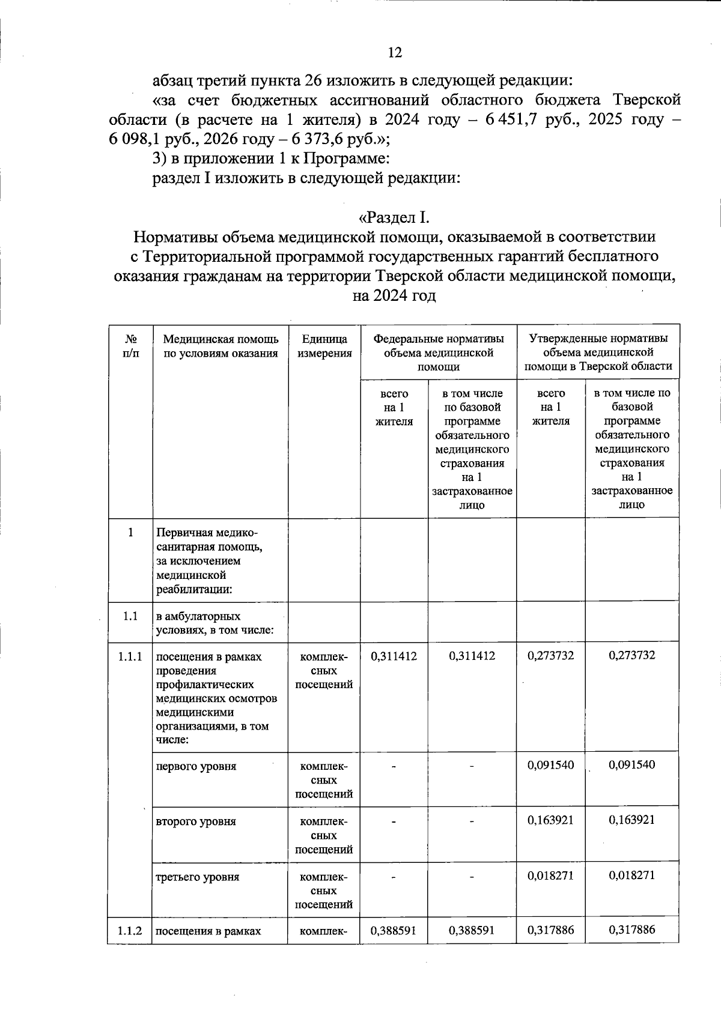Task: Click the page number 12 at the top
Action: coord(394,53)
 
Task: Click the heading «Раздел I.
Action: coord(394,217)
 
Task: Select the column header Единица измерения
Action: coord(324,346)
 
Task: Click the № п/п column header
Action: coord(130,346)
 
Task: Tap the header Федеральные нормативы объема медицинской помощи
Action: coord(439,352)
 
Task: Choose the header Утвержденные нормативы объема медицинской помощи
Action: coord(598,352)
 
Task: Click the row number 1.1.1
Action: coord(130,656)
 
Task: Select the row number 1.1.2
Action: coord(130,931)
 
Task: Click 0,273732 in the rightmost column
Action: coord(631,655)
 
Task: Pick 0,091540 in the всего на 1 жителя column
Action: coord(550,765)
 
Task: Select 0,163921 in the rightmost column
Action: coord(631,820)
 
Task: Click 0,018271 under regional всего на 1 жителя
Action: coord(550,875)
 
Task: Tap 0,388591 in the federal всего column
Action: coord(394,930)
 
